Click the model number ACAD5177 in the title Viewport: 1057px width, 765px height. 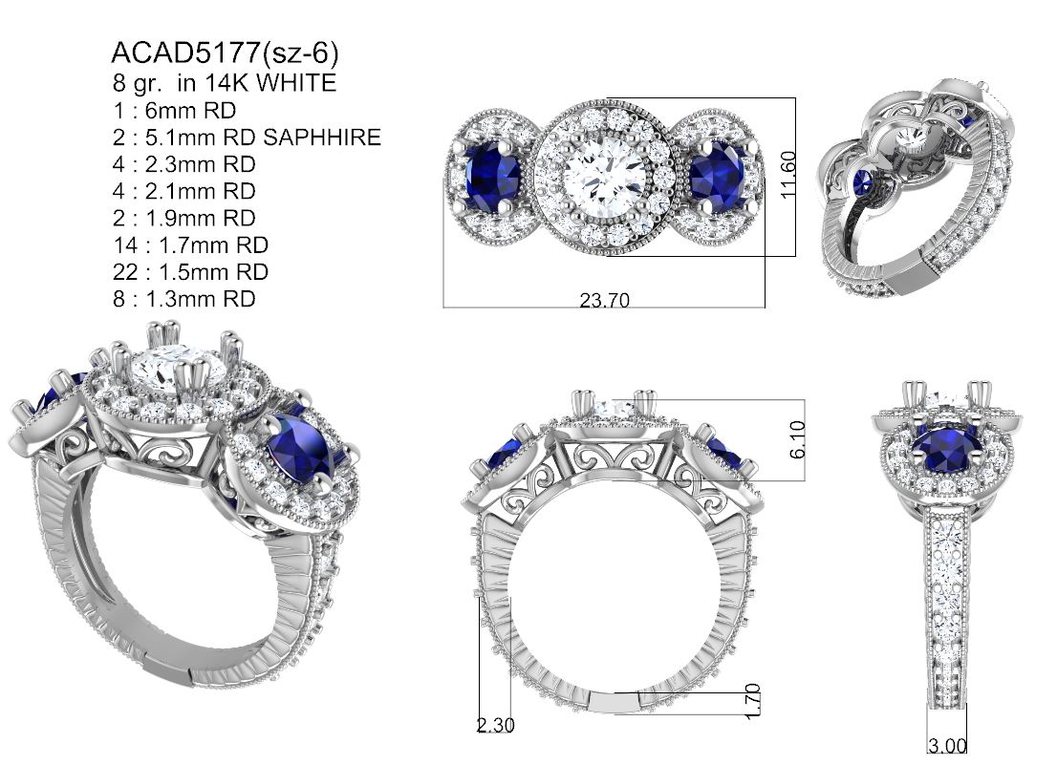tap(185, 52)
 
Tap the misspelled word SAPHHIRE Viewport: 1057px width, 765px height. tap(321, 138)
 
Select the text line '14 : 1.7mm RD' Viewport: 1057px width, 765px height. tap(190, 245)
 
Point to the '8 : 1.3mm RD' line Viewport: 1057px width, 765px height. tap(184, 299)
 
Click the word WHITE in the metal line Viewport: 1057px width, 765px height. tap(296, 83)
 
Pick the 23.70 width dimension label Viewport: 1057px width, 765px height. tap(605, 300)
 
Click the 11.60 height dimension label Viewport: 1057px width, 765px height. tap(788, 175)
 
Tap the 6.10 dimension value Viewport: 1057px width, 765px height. tap(797, 439)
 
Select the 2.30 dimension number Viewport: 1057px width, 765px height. tap(495, 725)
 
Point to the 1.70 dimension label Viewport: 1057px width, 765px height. tap(753, 701)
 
